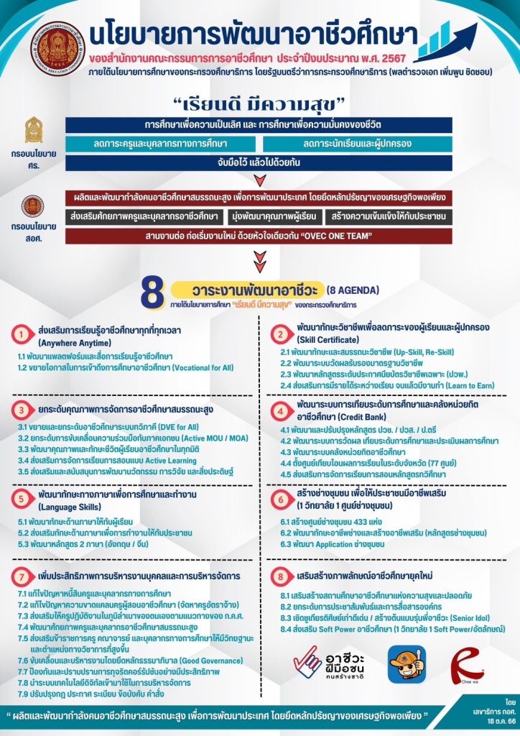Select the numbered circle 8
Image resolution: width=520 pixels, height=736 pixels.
click(x=279, y=577)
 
